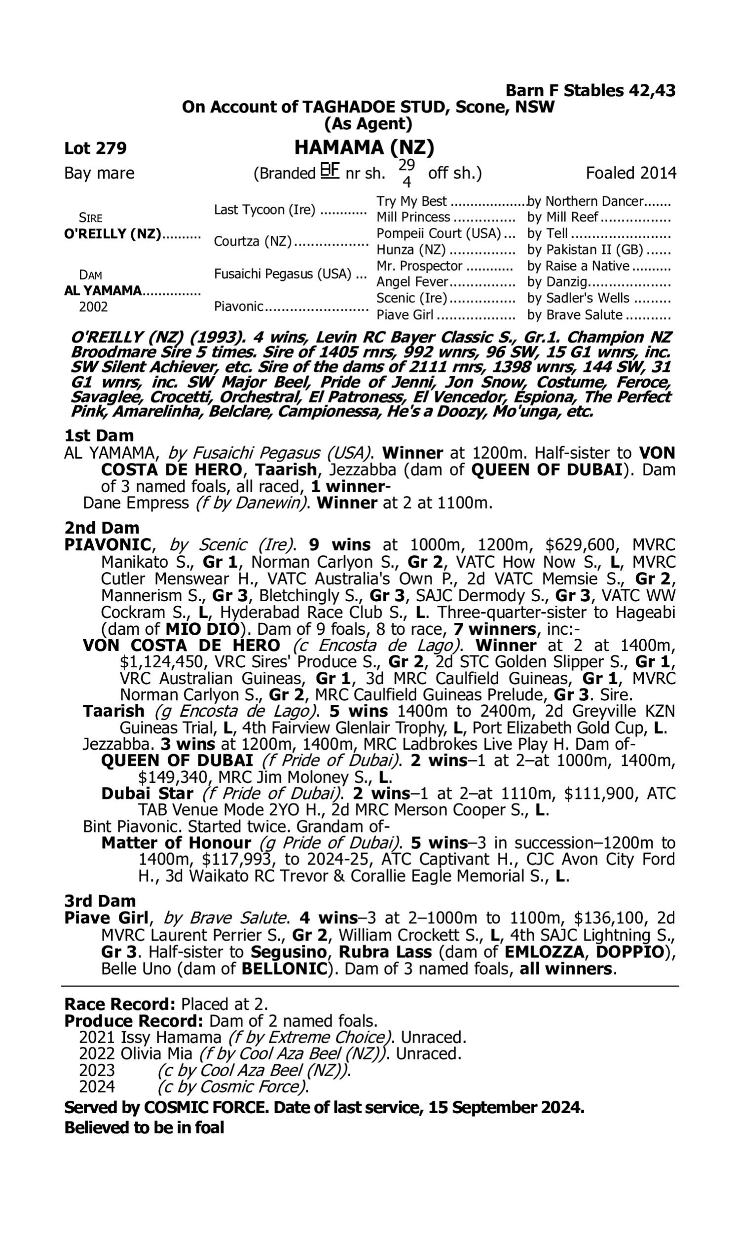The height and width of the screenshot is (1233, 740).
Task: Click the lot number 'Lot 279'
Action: tap(95, 148)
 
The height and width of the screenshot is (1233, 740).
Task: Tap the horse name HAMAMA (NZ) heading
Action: tap(364, 147)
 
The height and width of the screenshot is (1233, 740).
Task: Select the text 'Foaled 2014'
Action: tap(631, 173)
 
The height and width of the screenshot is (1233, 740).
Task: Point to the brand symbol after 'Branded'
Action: tap(330, 171)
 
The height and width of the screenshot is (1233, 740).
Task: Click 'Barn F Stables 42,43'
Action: tap(591, 90)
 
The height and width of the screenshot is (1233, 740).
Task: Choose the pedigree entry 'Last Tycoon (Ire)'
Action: tap(264, 210)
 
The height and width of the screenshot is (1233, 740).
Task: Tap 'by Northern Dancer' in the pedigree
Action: tap(586, 201)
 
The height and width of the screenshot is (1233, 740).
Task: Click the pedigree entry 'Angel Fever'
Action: tap(412, 282)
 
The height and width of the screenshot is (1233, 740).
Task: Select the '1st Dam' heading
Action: tap(99, 435)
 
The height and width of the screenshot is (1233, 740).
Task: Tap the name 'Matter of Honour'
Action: tap(176, 843)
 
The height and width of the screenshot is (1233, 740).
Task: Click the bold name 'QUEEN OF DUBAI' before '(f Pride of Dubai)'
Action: tap(177, 761)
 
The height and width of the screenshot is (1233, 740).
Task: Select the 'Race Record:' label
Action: tap(120, 1003)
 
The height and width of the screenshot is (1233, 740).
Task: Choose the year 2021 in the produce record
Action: tap(97, 1037)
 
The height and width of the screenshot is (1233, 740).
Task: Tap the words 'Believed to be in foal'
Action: tap(144, 1127)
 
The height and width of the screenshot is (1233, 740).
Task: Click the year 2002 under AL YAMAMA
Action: tap(93, 306)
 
